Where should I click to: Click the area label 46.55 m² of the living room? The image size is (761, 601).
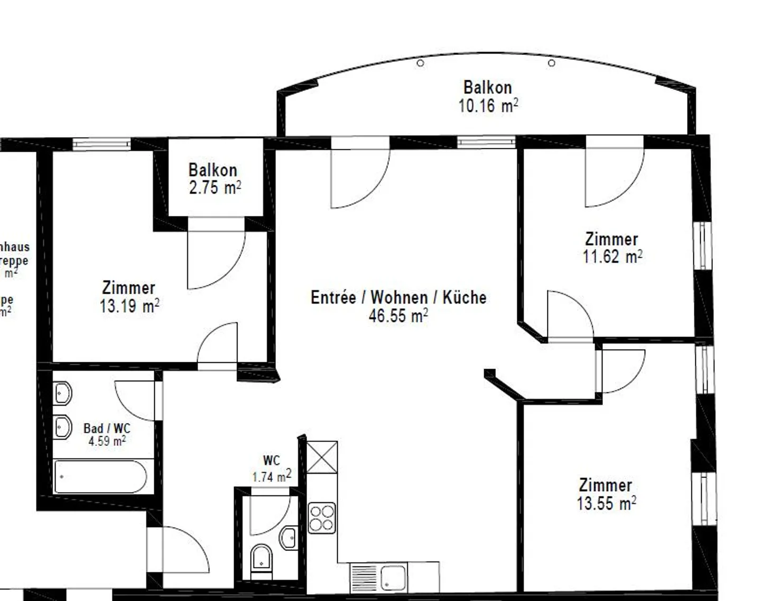(398, 316)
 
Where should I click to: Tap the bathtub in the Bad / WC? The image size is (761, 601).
(100, 476)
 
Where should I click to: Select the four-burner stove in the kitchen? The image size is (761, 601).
(322, 518)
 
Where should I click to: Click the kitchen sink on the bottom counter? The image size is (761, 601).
(393, 578)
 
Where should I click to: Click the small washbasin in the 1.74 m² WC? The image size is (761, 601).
(289, 538)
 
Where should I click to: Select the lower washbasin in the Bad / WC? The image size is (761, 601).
(62, 427)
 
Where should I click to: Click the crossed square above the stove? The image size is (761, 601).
(322, 457)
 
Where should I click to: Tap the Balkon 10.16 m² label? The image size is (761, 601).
(487, 97)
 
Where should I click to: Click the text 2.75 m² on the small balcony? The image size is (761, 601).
(215, 187)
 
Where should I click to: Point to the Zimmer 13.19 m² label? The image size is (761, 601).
(129, 297)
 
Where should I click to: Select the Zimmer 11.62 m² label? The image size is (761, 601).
(612, 248)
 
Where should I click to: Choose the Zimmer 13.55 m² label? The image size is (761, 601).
(606, 494)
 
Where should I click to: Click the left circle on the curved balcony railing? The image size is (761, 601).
(421, 63)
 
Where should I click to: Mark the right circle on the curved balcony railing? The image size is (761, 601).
(552, 63)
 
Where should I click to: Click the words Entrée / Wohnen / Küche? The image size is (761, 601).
(398, 297)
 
